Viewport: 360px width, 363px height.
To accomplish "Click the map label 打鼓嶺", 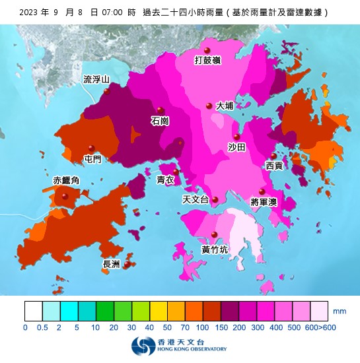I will [207, 61].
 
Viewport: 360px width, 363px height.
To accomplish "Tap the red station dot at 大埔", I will [209, 106].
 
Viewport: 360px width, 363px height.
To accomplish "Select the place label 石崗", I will [160, 121].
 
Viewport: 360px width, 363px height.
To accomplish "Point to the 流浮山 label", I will [96, 80].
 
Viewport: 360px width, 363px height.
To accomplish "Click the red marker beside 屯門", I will [92, 148].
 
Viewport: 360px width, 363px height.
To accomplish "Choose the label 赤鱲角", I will [66, 180].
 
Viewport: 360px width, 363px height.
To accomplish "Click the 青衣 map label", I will [165, 180].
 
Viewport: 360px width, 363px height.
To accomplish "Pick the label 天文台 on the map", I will [196, 199].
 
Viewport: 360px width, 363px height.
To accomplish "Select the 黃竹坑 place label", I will [215, 249].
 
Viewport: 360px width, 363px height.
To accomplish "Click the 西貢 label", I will [274, 166].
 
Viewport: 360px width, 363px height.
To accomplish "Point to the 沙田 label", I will [236, 147].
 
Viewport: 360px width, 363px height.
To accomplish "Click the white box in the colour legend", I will [34, 311].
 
